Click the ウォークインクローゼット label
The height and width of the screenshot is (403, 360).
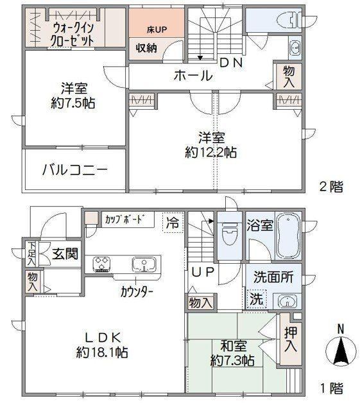pos(73,35)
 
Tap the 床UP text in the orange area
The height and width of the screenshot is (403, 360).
pos(157,30)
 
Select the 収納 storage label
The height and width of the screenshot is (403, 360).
pos(146,47)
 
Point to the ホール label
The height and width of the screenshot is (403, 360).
pos(193,76)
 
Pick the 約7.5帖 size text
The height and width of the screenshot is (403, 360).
pos(73,103)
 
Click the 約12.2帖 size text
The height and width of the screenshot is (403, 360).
pos(210,153)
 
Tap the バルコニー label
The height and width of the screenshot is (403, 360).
pos(75,170)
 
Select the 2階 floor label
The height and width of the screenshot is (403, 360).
pos(331,187)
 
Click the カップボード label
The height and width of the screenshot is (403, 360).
pos(124,219)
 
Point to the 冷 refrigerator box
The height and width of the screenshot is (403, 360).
pos(173,223)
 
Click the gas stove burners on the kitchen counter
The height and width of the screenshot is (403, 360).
pos(102,264)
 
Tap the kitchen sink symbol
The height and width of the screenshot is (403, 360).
pos(144,264)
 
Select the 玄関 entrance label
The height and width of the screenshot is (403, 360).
pos(65,254)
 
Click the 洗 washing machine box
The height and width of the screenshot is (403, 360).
pos(257,299)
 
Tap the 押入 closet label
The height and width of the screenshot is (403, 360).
pos(291,339)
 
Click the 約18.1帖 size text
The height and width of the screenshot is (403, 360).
pos(102,352)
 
